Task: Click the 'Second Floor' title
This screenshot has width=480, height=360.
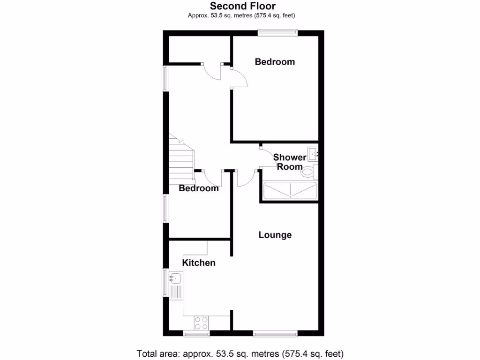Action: [x=242, y=6]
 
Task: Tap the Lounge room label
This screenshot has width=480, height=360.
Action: [x=275, y=235]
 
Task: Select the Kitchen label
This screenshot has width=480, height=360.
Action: [x=199, y=262]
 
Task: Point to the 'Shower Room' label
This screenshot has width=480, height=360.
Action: [x=289, y=162]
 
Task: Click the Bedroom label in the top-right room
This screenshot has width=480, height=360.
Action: [x=275, y=61]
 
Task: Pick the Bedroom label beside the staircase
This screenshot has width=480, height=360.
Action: [x=199, y=188]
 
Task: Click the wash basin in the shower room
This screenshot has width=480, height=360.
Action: [x=313, y=153]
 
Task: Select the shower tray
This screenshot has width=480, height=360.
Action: [x=290, y=191]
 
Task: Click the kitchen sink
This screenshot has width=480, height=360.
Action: [x=175, y=278]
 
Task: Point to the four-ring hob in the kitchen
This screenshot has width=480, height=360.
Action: [x=202, y=323]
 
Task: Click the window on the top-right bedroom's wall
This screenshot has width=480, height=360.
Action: [x=277, y=32]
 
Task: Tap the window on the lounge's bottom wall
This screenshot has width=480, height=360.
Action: [x=275, y=334]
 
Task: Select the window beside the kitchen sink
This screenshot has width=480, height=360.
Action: [x=165, y=282]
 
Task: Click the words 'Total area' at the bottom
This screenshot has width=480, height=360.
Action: [x=157, y=352]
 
